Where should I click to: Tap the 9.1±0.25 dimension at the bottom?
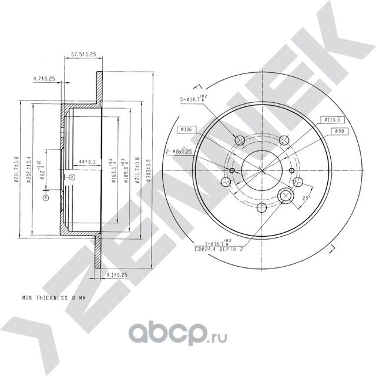tap(117, 274)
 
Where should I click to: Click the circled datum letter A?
tap(45, 198)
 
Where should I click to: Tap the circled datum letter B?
tap(71, 176)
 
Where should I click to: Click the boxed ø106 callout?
tap(187, 129)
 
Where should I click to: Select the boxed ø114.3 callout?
tap(333, 120)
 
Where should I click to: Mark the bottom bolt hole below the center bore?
tap(263, 207)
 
